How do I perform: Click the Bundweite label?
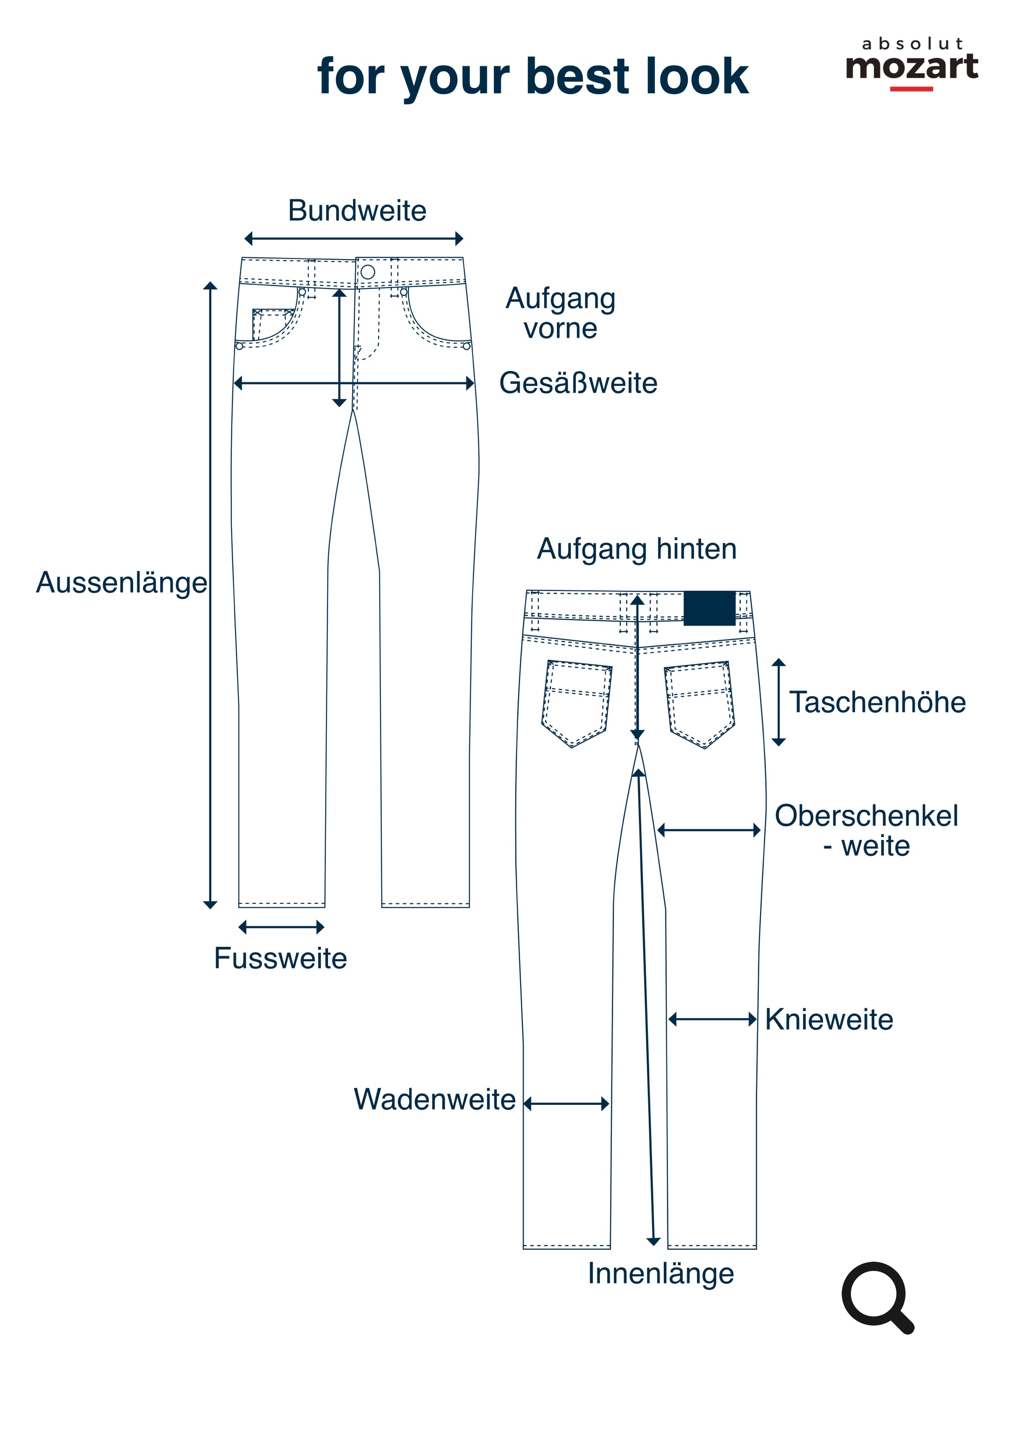pyautogui.click(x=357, y=211)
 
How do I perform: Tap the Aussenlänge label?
pyautogui.click(x=122, y=584)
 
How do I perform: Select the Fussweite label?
pyautogui.click(x=280, y=958)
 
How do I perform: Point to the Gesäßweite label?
pyautogui.click(x=578, y=383)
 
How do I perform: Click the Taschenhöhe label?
pyautogui.click(x=877, y=702)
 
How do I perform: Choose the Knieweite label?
pyautogui.click(x=829, y=1019)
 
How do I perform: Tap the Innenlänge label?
pyautogui.click(x=660, y=1274)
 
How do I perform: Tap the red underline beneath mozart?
pyautogui.click(x=912, y=89)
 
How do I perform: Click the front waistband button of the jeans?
pyautogui.click(x=368, y=271)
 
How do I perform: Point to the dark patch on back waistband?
pyautogui.click(x=709, y=608)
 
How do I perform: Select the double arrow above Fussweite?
pyautogui.click(x=282, y=927)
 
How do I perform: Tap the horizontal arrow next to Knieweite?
pyautogui.click(x=713, y=1020)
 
